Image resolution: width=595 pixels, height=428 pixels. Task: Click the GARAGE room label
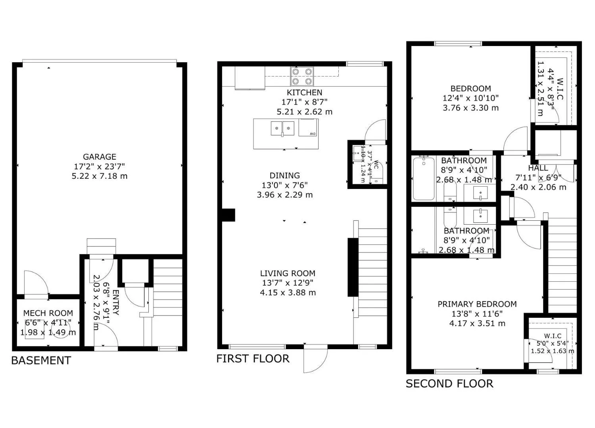(x=100, y=157)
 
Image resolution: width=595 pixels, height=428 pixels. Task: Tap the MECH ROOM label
(x=48, y=313)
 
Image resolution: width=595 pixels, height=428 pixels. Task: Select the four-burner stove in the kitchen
(x=302, y=76)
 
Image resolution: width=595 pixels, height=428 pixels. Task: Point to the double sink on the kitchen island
(x=282, y=128)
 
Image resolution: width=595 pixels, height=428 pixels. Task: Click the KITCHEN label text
(x=305, y=93)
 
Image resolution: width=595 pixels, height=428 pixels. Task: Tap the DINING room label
(x=285, y=176)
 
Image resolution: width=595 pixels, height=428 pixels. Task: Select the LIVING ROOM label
(x=288, y=273)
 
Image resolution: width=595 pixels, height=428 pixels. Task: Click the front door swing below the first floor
(x=315, y=360)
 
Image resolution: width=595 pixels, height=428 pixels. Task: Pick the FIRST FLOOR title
(x=253, y=359)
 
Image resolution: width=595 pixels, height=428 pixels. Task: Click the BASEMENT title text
(x=41, y=361)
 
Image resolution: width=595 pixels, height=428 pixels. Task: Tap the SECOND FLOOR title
(x=449, y=384)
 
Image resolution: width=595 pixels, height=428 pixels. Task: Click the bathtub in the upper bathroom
(x=424, y=178)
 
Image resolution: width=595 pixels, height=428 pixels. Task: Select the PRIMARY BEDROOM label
(x=477, y=304)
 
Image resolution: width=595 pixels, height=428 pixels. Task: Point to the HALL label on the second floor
(x=538, y=168)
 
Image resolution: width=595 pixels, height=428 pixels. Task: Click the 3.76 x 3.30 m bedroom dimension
(x=470, y=108)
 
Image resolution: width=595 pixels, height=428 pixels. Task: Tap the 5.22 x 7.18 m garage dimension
(x=100, y=176)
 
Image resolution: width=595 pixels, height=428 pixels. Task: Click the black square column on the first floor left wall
(x=228, y=215)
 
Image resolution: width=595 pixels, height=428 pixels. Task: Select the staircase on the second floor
(x=562, y=266)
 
